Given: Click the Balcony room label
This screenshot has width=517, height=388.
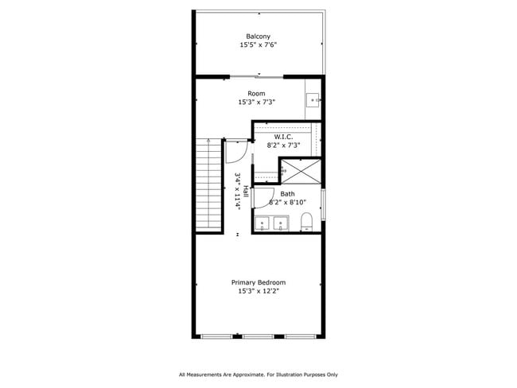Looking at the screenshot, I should [258, 37].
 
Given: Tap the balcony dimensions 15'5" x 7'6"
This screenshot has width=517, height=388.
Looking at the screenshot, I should [258, 45].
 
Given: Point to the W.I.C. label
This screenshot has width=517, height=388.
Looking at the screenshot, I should [283, 137].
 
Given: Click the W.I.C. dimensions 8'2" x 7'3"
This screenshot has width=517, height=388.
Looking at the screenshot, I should [283, 145].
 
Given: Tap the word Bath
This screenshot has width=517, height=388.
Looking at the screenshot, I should [287, 194].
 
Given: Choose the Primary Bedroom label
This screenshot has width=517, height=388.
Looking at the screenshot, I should [258, 282].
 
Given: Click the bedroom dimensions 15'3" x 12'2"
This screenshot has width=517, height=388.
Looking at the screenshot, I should [258, 291].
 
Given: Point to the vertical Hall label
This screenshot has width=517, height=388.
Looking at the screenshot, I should [247, 192].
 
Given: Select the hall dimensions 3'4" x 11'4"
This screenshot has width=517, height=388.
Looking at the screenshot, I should [237, 192].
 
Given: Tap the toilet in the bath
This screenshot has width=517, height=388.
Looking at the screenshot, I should [306, 222].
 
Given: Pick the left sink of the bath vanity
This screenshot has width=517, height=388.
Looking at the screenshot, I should [262, 223].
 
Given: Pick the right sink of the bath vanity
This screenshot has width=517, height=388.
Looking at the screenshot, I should [279, 223].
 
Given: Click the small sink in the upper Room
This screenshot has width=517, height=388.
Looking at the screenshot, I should [313, 100].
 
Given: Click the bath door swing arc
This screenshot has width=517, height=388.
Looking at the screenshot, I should [266, 197].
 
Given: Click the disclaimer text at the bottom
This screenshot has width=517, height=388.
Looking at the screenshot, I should [258, 374].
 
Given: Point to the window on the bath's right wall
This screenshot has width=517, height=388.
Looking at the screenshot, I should [323, 203].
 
